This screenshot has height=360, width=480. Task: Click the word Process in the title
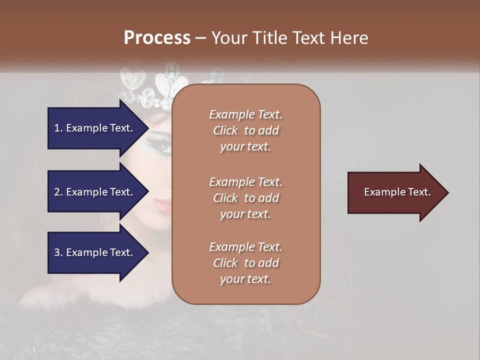pyautogui.click(x=157, y=38)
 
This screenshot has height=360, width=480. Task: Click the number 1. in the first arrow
pyautogui.click(x=59, y=128)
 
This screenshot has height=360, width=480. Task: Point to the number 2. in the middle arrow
pyautogui.click(x=59, y=192)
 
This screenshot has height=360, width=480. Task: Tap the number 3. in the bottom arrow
pyautogui.click(x=59, y=252)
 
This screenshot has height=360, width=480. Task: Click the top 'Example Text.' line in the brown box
pyautogui.click(x=245, y=114)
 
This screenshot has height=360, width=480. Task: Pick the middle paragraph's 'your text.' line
pyautogui.click(x=245, y=214)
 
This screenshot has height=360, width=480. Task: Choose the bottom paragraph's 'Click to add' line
pyautogui.click(x=245, y=263)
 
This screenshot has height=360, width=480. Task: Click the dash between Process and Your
pyautogui.click(x=200, y=38)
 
